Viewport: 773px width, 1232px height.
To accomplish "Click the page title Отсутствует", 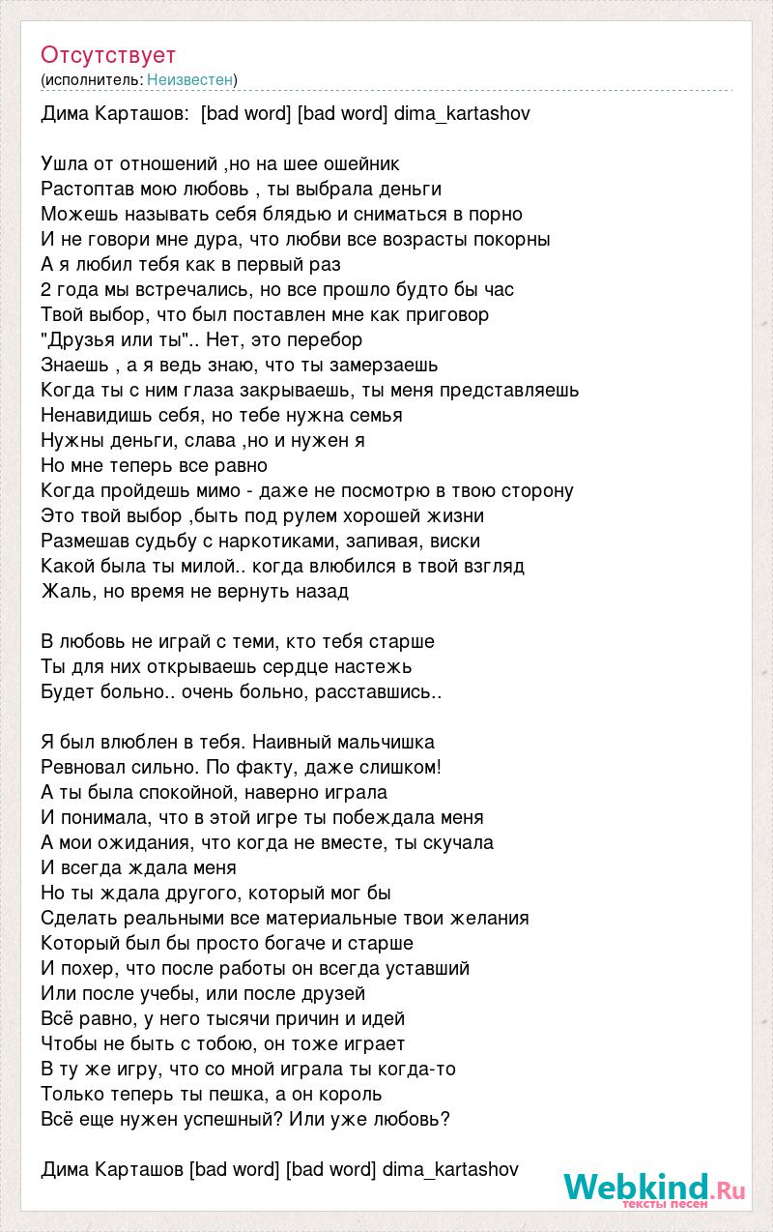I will tap(108, 54).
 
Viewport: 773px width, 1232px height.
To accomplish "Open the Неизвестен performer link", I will tap(190, 79).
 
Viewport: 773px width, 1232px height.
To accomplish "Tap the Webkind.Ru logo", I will tap(654, 1188).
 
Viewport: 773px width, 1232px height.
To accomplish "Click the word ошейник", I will tap(358, 164).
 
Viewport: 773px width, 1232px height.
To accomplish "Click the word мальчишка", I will tap(386, 743).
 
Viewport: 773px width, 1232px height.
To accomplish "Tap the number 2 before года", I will tap(46, 290).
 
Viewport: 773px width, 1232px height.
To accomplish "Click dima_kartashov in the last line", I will tap(450, 1170).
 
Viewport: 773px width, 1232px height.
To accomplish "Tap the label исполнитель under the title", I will tap(92, 79).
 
